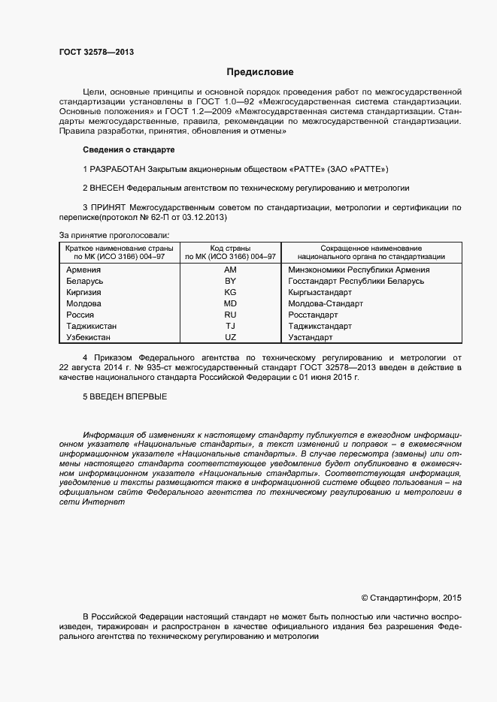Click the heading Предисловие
coord(260,72)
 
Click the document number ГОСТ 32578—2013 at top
coord(96,52)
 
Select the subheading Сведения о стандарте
coord(129,150)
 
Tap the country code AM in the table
coord(230,270)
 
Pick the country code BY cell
coord(230,281)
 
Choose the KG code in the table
coord(230,292)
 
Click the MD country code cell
coord(230,303)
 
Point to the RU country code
coord(230,315)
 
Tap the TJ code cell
coord(230,327)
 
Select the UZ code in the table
coord(230,338)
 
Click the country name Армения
coord(83,270)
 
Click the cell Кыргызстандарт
coord(320,292)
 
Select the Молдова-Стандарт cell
coord(326,303)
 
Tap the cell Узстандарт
coord(310,338)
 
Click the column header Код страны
coord(230,248)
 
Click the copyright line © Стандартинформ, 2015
coord(411,598)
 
